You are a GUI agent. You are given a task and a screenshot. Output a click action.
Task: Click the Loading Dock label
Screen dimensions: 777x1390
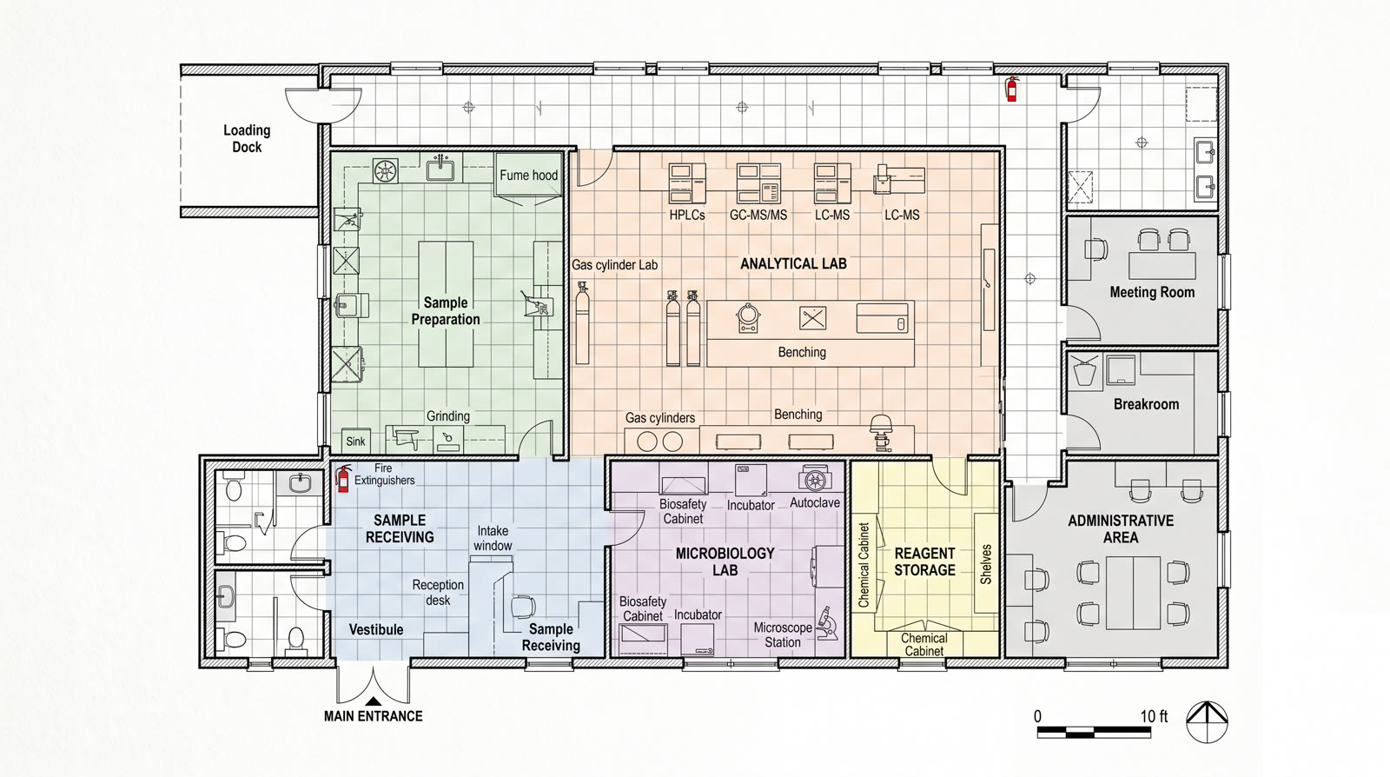pos(247,138)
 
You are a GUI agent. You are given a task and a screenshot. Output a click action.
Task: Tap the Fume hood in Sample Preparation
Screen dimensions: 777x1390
pos(528,176)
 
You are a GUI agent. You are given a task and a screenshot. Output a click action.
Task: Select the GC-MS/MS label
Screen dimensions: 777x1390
pos(758,215)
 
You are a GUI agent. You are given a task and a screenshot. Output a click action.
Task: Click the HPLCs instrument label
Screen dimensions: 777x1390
pos(686,215)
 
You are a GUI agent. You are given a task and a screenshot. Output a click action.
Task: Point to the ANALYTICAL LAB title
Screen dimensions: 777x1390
pos(793,263)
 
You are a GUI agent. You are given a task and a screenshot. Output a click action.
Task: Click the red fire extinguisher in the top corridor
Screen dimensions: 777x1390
pos(1011,89)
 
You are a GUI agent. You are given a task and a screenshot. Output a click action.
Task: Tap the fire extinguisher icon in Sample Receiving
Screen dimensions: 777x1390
pos(343,479)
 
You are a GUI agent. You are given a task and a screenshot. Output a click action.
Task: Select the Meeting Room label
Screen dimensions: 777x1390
pos(1152,293)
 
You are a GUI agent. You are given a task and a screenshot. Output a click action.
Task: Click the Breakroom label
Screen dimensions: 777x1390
pos(1146,404)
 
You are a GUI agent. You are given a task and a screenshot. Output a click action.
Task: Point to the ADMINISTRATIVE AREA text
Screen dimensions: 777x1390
pos(1120,528)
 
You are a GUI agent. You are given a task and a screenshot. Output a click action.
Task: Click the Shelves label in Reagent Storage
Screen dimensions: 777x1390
pos(986,564)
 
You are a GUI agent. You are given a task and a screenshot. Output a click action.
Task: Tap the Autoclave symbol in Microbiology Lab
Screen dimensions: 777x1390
pos(815,479)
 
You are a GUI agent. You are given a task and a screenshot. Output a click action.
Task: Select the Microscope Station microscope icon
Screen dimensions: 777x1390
pos(828,623)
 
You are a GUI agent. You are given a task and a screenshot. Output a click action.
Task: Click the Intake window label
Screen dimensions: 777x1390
pos(493,538)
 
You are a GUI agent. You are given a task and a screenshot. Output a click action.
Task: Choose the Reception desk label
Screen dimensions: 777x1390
pos(438,592)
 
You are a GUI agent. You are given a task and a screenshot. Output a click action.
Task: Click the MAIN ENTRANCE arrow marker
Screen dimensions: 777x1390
pos(373,701)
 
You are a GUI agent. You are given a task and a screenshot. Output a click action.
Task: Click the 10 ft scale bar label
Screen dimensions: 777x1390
pos(1154,716)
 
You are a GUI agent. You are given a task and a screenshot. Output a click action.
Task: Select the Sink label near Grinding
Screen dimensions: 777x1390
pos(355,442)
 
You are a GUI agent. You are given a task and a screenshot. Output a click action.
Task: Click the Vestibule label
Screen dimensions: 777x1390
pos(376,629)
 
